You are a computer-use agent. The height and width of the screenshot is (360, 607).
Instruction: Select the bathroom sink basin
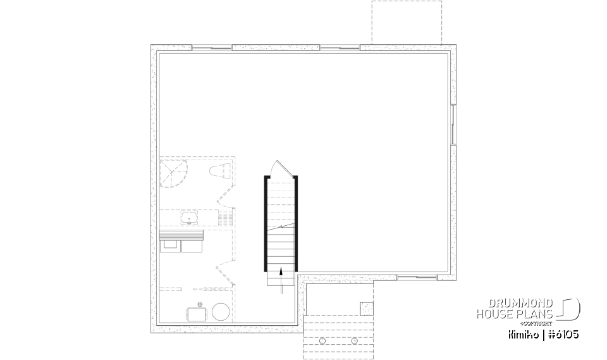click(x=188, y=219)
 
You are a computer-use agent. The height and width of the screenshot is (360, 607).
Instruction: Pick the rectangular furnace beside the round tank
click(x=196, y=313)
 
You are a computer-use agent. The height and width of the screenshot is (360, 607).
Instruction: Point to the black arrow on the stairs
click(x=281, y=273)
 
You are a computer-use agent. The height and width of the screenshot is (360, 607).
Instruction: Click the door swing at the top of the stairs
click(x=279, y=168)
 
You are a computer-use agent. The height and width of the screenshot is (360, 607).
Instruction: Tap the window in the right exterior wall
click(x=453, y=123)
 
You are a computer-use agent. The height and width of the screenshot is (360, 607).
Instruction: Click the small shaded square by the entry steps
click(x=367, y=308)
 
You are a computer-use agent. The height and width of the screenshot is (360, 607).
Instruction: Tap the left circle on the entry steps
click(x=322, y=341)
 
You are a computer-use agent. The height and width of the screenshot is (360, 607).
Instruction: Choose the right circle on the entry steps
click(x=353, y=341)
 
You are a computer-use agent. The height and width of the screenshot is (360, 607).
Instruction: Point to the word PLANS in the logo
click(x=537, y=314)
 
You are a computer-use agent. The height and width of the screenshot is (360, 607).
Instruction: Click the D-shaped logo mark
click(x=570, y=308)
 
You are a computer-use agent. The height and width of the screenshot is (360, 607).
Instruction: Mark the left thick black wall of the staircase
click(x=266, y=223)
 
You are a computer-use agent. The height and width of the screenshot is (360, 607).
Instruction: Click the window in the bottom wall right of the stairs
click(x=417, y=277)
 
